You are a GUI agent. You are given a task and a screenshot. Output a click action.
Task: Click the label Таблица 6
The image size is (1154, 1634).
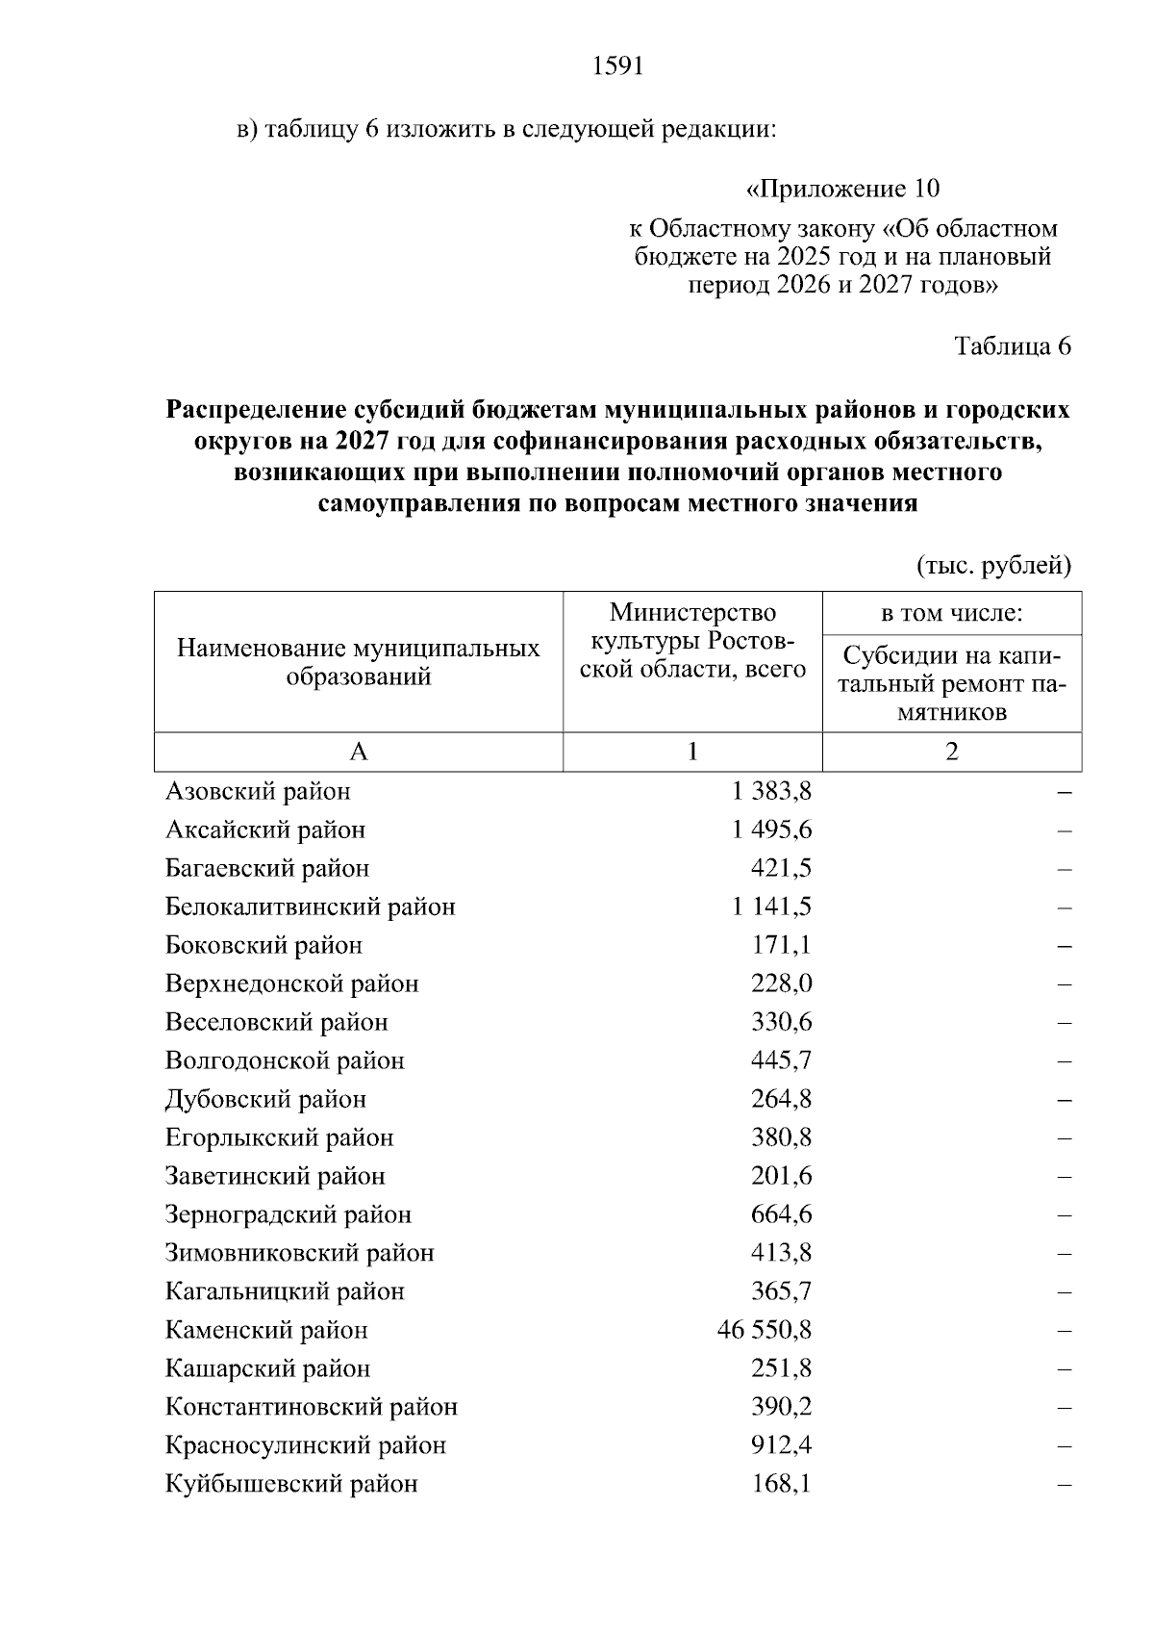[x=1012, y=346]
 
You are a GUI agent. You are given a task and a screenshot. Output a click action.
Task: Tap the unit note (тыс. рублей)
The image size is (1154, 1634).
[x=993, y=565]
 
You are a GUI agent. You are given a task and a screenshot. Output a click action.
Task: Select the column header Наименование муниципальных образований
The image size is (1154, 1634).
[x=358, y=662]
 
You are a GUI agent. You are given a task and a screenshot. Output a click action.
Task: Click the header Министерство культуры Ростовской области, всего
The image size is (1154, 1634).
[x=692, y=640]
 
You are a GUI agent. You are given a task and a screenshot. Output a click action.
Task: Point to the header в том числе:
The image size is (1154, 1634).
[x=951, y=613]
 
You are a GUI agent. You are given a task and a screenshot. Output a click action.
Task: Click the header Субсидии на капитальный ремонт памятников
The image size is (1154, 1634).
[x=951, y=683]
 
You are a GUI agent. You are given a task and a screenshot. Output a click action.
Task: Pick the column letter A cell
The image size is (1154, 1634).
[x=358, y=752]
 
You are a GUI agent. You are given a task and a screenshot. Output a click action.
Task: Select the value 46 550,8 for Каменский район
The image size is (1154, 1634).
[x=765, y=1330]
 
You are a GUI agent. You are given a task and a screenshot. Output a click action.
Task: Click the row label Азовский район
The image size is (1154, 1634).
[x=258, y=791]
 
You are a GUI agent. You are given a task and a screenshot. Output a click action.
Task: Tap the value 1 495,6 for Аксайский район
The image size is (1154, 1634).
[x=771, y=830]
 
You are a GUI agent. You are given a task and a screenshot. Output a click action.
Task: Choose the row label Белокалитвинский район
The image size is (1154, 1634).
[x=310, y=906]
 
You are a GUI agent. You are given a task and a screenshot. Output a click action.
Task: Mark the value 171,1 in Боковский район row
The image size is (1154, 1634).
[x=781, y=945]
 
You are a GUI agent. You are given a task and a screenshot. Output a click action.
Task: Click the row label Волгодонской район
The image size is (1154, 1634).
[x=285, y=1060]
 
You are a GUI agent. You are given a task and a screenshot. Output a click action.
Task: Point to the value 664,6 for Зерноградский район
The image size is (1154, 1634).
[x=781, y=1214]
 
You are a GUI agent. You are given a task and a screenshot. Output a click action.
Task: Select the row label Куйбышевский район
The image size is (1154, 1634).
[x=291, y=1484]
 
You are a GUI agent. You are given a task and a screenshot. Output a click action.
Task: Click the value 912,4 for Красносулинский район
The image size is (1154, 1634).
[x=781, y=1445]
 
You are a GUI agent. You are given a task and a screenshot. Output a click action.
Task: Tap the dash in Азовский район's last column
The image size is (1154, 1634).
[x=1064, y=792]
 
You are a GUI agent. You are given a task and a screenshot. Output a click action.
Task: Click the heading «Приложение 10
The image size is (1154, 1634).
[x=842, y=188]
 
